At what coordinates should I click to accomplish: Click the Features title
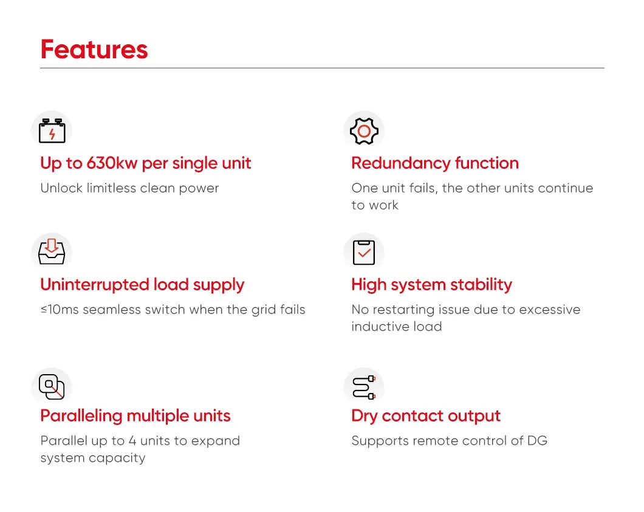(94, 50)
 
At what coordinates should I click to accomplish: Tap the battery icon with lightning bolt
(52, 131)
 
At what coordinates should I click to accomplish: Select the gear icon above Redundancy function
(364, 131)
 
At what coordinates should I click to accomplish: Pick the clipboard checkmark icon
(364, 252)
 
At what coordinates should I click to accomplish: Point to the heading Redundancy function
(435, 163)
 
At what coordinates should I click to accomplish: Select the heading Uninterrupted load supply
(142, 285)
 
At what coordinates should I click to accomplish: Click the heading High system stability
(431, 285)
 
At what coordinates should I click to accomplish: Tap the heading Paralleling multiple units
(135, 416)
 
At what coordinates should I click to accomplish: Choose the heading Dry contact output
(426, 416)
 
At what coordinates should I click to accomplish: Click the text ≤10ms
(60, 310)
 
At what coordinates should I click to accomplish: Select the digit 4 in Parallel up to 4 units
(132, 441)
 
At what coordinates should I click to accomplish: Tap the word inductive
(373, 327)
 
